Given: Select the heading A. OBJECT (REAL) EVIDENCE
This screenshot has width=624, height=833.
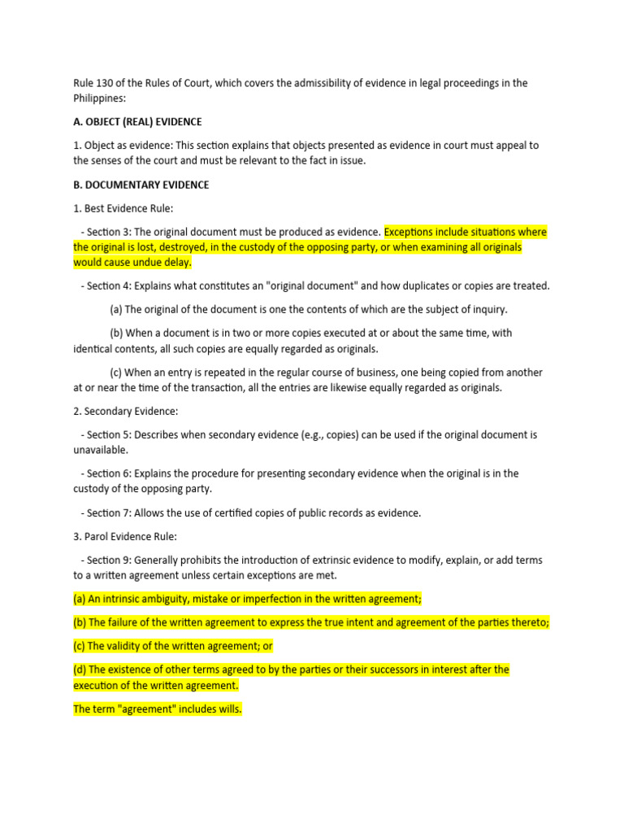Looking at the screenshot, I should click(x=137, y=122).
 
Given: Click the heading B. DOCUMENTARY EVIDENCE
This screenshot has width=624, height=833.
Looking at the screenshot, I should click(x=141, y=185).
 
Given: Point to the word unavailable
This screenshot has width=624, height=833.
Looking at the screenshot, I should click(x=100, y=450).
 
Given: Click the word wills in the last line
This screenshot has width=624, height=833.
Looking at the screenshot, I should click(x=226, y=709).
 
